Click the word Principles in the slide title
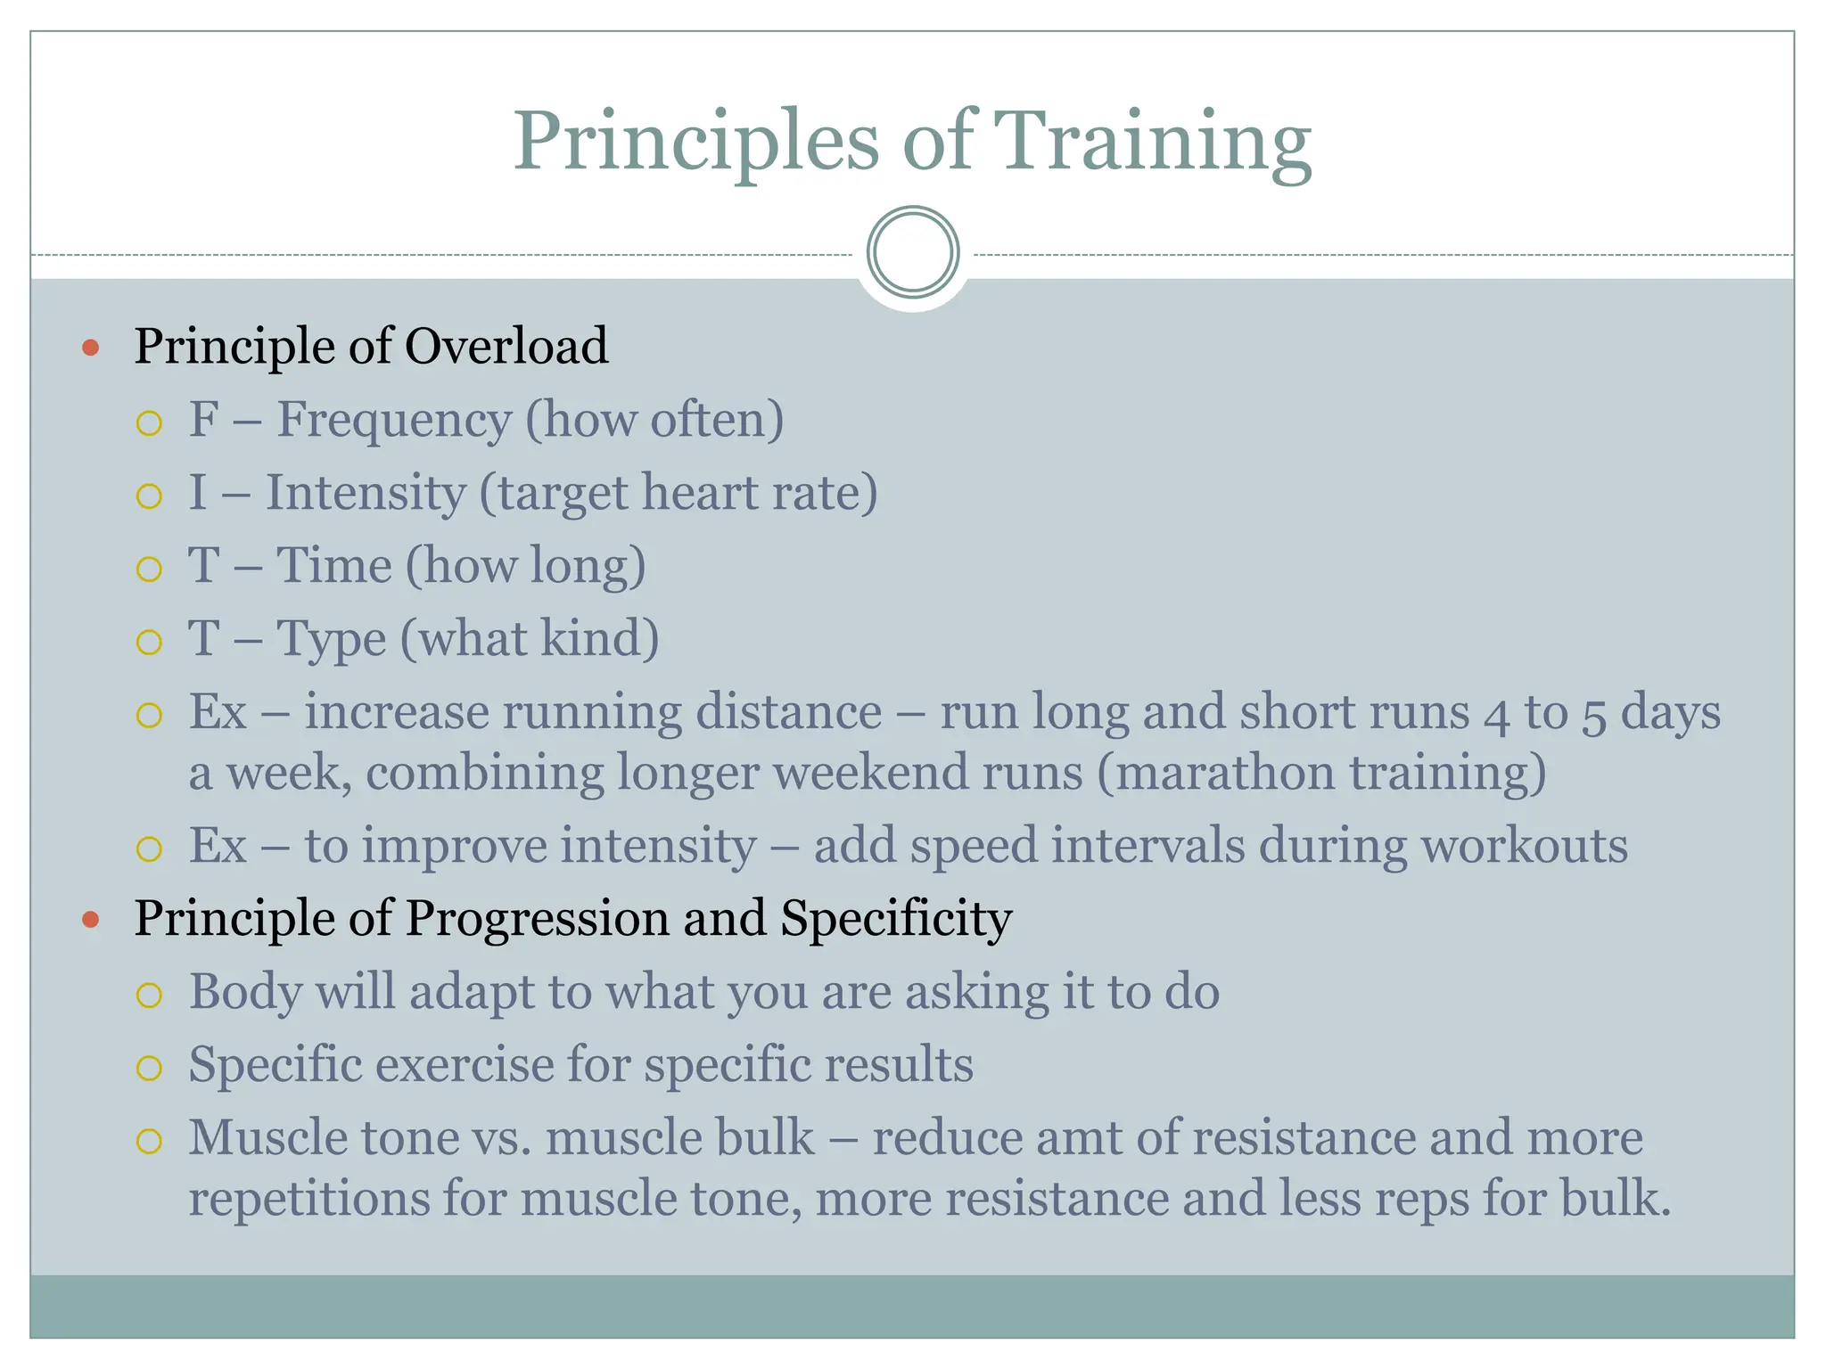pyautogui.click(x=695, y=143)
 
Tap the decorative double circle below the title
pyautogui.click(x=912, y=252)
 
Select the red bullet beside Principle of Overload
pyautogui.click(x=90, y=347)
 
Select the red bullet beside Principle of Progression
pyautogui.click(x=90, y=919)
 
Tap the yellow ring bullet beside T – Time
pyautogui.click(x=149, y=569)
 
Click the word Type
pyautogui.click(x=332, y=639)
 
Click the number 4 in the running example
pyautogui.click(x=1497, y=715)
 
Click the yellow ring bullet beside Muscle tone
pyautogui.click(x=149, y=1141)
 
